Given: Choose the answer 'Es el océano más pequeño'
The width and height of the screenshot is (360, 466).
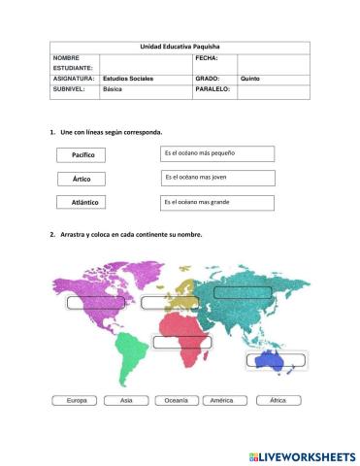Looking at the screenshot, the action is [x=217, y=153].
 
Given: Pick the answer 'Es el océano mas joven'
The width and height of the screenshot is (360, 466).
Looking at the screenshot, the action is [x=217, y=178].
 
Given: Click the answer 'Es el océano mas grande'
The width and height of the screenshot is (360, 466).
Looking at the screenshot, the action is [x=217, y=202].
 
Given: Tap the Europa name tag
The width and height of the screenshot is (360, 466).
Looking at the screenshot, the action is [x=77, y=400].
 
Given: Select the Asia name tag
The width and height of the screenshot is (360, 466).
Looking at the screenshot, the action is [x=126, y=400].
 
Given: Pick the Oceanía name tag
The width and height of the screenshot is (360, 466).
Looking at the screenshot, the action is [x=176, y=400].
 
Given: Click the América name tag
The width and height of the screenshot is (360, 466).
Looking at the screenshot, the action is [x=222, y=400].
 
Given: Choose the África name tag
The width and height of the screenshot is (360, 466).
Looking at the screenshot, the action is [x=278, y=400].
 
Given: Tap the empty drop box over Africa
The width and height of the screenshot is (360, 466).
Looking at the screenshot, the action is [x=181, y=342].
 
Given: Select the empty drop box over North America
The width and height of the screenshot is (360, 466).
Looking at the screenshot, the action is [x=95, y=302].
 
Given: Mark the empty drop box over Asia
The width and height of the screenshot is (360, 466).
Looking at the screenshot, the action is [x=243, y=292].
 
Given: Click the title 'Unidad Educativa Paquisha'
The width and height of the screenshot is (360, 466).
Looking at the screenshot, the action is [x=180, y=47].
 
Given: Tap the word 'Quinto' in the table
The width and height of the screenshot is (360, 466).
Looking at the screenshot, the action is [x=250, y=78].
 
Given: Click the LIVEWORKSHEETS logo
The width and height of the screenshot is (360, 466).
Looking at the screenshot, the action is [x=302, y=455].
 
